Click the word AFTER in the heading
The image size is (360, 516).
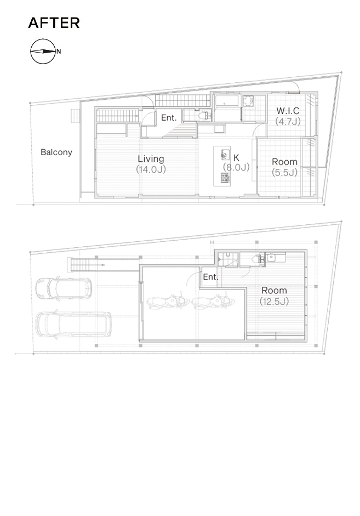point(54,23)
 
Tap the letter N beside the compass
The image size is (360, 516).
point(59,52)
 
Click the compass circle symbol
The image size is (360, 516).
point(43,52)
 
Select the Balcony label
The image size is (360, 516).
point(56,152)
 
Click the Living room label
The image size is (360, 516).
point(151,158)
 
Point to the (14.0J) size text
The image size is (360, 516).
point(151,169)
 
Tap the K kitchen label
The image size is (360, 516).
point(236,157)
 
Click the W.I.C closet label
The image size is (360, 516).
point(288,111)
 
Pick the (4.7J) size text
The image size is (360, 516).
point(288,121)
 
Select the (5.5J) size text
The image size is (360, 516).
point(285,172)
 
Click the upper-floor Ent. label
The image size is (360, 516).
point(169,117)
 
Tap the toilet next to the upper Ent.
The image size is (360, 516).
point(204,116)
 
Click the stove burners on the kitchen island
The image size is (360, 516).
point(225,178)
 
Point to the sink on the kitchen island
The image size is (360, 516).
point(225,154)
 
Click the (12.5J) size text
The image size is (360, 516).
point(274,301)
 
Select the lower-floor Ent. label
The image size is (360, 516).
point(210,277)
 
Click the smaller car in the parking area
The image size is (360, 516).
point(64,290)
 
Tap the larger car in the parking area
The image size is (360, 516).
point(73,325)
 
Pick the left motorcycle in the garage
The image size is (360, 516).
point(168,300)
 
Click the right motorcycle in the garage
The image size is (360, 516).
point(213,300)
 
